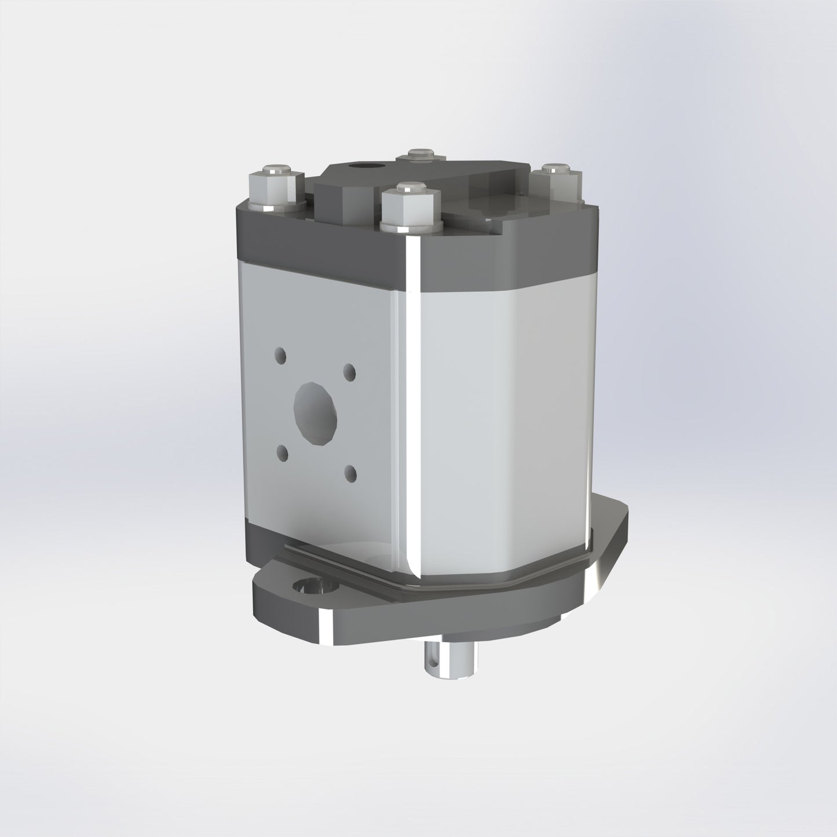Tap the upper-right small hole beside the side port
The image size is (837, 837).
pos(349,370)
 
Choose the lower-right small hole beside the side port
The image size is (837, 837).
pos(350,474)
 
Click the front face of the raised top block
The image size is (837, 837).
pos(342,200)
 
